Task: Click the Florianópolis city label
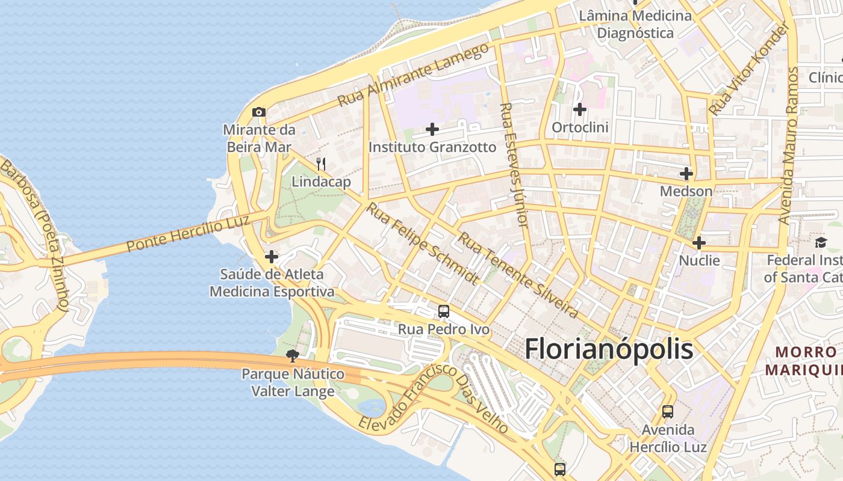coord(609,349)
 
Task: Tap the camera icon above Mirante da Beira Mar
coord(259,112)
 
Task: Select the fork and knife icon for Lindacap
coord(321,164)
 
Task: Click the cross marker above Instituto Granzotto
coord(432,129)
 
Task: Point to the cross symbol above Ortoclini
coord(580,109)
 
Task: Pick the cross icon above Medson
coord(686,174)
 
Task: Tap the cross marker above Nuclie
coord(699,243)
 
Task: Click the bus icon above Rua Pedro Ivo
coord(444,311)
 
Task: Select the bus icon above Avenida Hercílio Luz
coord(668,412)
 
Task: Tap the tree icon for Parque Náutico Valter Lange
coord(293,356)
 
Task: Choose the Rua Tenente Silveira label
coord(518,275)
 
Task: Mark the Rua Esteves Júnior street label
coord(514,165)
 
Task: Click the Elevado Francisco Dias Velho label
coord(434,398)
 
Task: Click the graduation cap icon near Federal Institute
coord(821,243)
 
